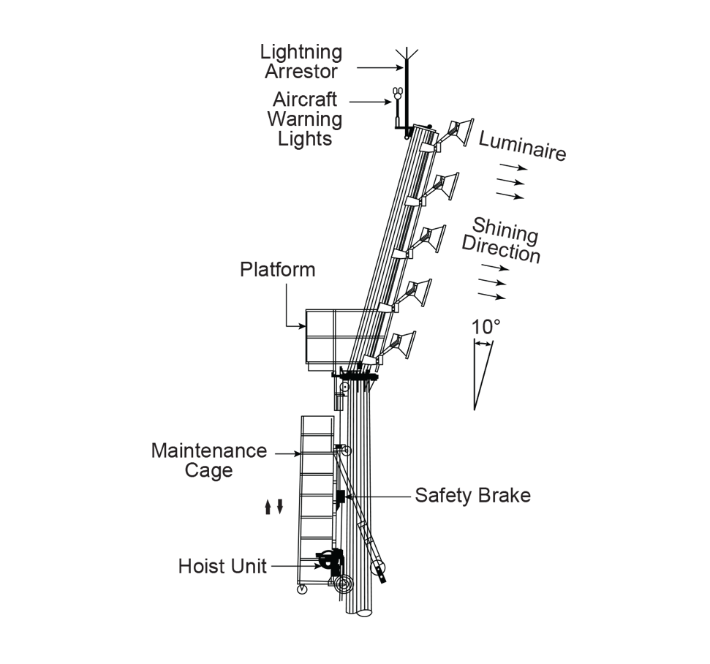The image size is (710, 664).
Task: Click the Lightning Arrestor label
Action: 301,62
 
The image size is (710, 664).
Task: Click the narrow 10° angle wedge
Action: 481,373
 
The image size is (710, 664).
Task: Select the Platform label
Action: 278,270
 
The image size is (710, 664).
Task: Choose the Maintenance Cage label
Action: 209,460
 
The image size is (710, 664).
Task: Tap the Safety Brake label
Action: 472,495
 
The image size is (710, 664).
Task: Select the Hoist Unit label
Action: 222,565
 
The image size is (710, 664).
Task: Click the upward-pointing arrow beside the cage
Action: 268,506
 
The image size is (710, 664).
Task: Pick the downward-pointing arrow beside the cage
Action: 279,506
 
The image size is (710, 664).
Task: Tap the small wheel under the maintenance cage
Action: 302,590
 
